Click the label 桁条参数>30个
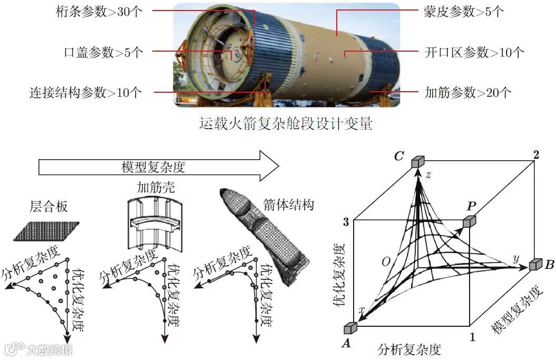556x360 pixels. (x=100, y=12)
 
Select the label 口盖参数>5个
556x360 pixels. (x=103, y=52)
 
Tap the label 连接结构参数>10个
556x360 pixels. (x=85, y=93)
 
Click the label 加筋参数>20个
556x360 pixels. (x=468, y=93)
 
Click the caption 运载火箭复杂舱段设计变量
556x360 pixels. (x=286, y=124)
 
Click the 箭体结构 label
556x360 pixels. (x=288, y=204)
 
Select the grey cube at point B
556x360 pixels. (x=536, y=265)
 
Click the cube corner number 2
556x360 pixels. (x=536, y=154)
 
